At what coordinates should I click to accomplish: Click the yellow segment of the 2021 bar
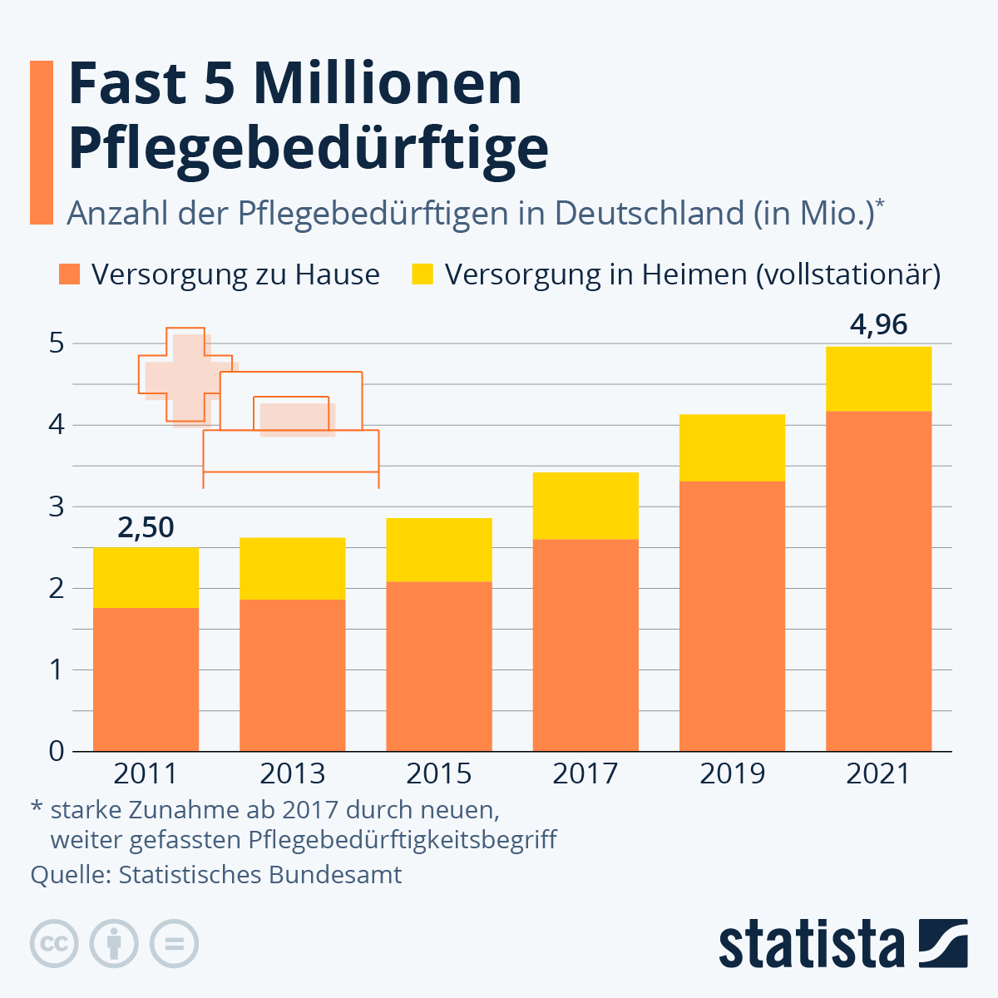click(x=878, y=378)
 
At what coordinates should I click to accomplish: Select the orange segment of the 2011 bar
click(x=146, y=679)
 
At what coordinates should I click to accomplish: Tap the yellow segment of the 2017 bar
click(x=585, y=506)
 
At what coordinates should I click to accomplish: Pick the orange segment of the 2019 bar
click(x=732, y=616)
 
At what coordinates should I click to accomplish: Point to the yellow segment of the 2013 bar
click(x=292, y=568)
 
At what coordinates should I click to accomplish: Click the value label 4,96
click(x=878, y=324)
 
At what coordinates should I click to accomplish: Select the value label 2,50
click(x=146, y=527)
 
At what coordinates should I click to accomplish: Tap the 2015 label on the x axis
click(x=438, y=774)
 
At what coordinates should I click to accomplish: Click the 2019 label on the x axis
click(x=732, y=774)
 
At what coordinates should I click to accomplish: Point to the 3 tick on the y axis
click(x=57, y=506)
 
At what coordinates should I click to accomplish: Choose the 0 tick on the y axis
click(x=57, y=751)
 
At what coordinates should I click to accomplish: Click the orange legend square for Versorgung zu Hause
click(x=70, y=274)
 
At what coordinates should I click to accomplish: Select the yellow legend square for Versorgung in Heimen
click(x=422, y=274)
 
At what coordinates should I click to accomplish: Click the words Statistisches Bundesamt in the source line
click(x=260, y=875)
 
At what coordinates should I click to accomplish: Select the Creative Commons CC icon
click(x=54, y=944)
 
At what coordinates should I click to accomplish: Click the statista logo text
click(x=811, y=944)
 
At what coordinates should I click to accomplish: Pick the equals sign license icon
click(x=174, y=944)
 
